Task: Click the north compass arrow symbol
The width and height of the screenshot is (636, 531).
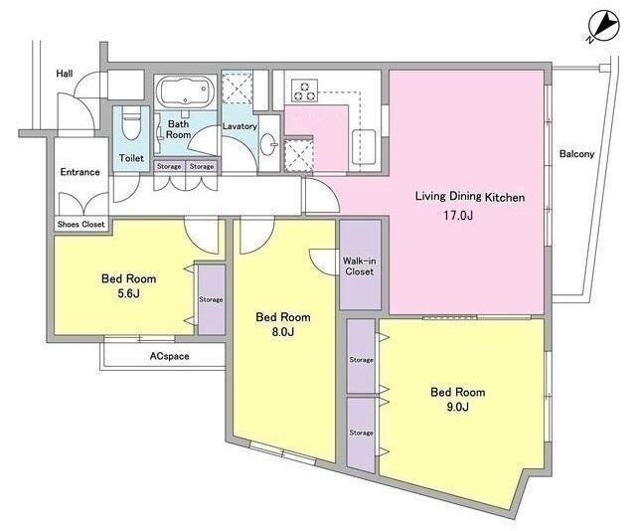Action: click(x=604, y=27)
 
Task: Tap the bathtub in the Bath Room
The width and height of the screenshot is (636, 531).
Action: click(x=185, y=92)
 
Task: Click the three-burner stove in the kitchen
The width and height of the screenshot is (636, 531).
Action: click(x=304, y=90)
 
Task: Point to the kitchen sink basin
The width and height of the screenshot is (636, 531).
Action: click(x=364, y=147)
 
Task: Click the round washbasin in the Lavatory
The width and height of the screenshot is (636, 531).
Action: click(x=268, y=144)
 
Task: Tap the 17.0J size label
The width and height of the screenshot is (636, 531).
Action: click(x=458, y=215)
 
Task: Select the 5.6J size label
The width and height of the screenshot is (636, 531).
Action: click(x=128, y=293)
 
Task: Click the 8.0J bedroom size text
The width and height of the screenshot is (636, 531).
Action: click(x=283, y=332)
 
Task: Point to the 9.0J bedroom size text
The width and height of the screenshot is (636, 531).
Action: click(x=458, y=407)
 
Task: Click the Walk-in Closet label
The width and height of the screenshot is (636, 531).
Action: click(x=360, y=266)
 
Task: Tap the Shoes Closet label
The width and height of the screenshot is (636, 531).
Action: click(x=81, y=224)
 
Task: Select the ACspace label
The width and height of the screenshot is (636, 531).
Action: click(x=170, y=356)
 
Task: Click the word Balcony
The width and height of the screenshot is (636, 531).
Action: click(x=576, y=154)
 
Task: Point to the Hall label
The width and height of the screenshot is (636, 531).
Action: click(x=65, y=74)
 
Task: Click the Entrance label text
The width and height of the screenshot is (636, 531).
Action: click(x=79, y=172)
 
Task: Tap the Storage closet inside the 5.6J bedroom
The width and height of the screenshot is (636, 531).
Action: click(x=211, y=299)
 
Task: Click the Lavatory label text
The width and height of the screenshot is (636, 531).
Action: click(x=239, y=126)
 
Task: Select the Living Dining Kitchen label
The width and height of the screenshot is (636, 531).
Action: click(x=470, y=197)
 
